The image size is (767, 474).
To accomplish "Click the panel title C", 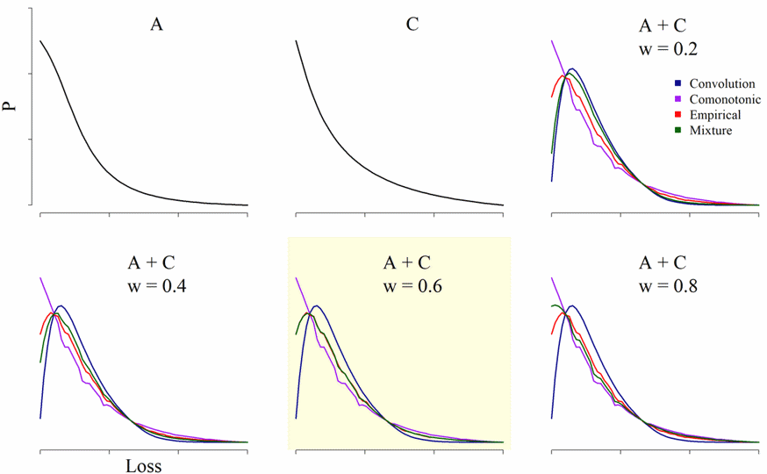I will [412, 25].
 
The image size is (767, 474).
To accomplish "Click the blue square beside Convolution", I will [668, 84].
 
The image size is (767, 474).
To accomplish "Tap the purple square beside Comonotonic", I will [668, 100].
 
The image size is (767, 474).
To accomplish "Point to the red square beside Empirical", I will [668, 115].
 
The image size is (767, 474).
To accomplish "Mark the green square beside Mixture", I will [668, 131].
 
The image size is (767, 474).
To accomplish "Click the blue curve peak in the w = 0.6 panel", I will [315, 306].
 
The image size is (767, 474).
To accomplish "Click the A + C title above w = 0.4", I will [155, 262].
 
